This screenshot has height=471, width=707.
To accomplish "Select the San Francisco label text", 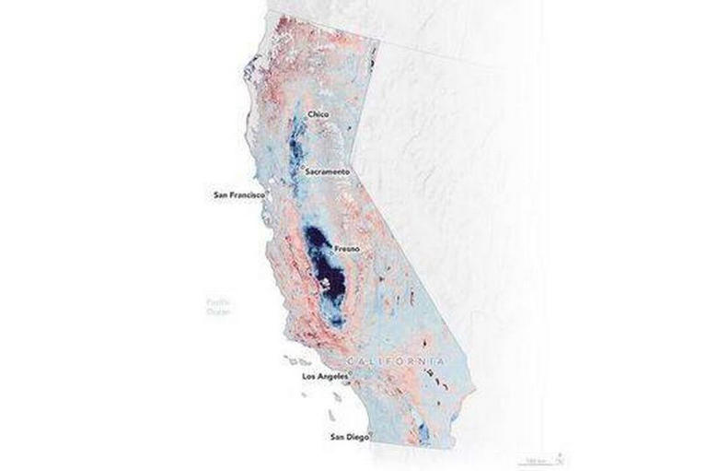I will [x=238, y=194].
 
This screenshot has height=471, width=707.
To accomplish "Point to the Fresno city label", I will [x=347, y=248].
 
